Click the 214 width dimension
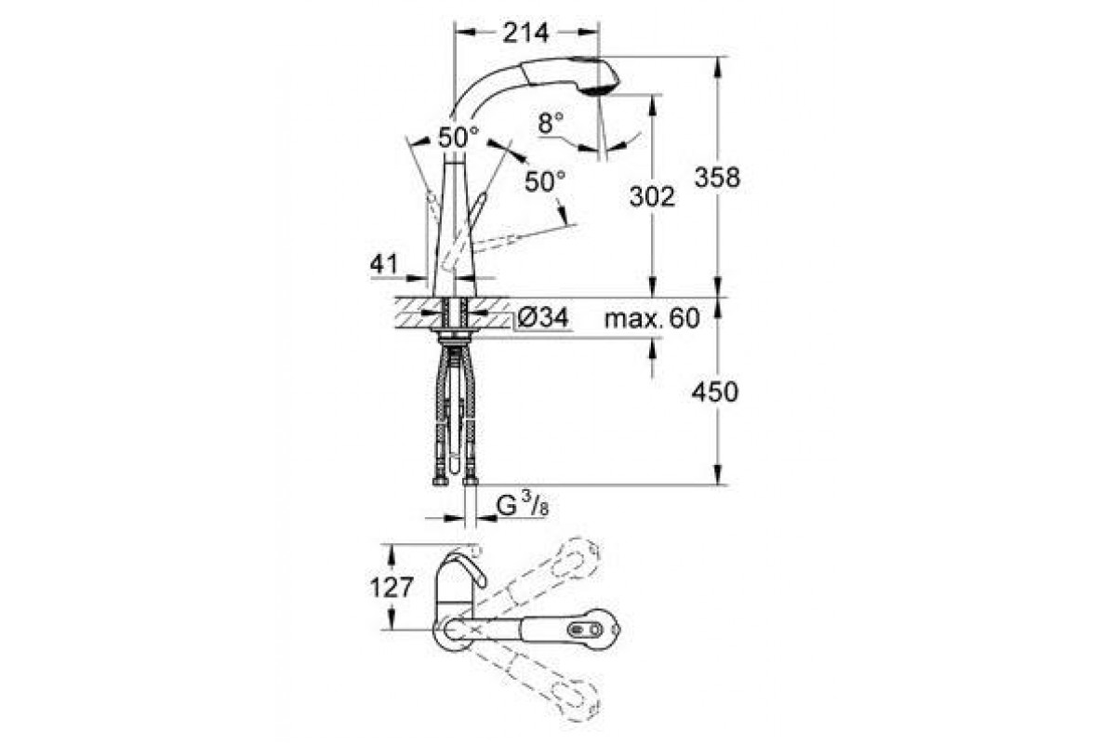[x=525, y=33]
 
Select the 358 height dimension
[x=717, y=178]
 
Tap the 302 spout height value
[x=652, y=196]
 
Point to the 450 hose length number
[x=715, y=392]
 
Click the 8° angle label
[x=551, y=123]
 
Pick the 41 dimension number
[x=383, y=264]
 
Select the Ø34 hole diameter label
[x=542, y=317]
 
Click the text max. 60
[x=652, y=318]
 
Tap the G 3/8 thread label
[x=523, y=506]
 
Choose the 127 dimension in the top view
[x=392, y=588]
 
